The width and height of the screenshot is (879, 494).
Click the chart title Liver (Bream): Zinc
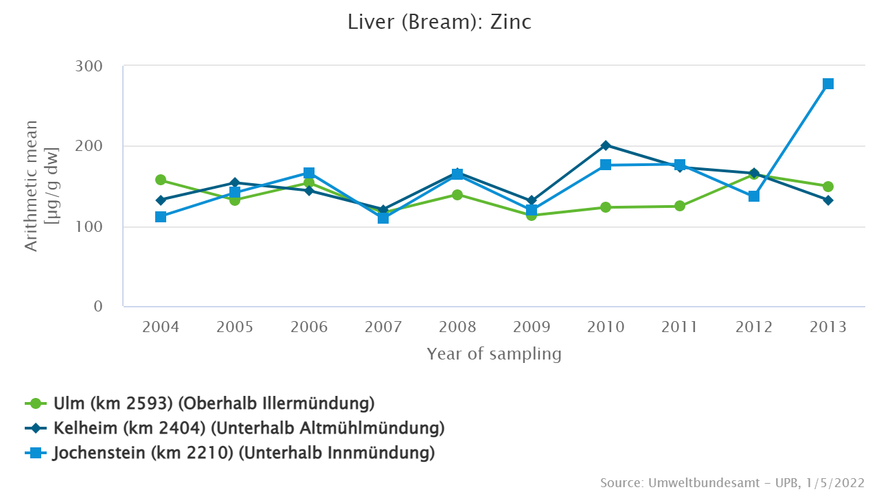tap(439, 22)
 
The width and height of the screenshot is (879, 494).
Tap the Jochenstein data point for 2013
tap(828, 84)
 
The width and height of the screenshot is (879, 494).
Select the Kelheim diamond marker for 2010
tap(606, 145)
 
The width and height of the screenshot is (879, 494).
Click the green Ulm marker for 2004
tap(161, 180)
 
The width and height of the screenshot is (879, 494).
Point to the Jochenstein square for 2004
tap(161, 217)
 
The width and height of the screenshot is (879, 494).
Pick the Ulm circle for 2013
tap(828, 187)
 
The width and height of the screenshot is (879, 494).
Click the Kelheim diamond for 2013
tap(828, 200)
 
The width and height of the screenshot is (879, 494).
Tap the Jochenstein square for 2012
tap(754, 196)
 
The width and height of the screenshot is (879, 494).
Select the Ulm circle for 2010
tap(606, 207)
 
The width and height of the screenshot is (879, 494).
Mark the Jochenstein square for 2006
tap(309, 173)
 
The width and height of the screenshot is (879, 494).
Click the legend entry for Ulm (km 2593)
tap(213, 403)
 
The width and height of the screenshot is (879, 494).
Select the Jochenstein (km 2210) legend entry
tap(244, 453)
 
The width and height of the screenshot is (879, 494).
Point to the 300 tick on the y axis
tap(89, 67)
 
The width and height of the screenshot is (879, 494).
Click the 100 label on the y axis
tap(89, 226)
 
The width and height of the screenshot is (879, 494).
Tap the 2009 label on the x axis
tap(532, 327)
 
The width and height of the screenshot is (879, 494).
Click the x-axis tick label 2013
tap(828, 327)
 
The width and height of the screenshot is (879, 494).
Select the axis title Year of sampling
tap(494, 354)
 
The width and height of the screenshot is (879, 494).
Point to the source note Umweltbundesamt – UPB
tap(732, 482)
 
